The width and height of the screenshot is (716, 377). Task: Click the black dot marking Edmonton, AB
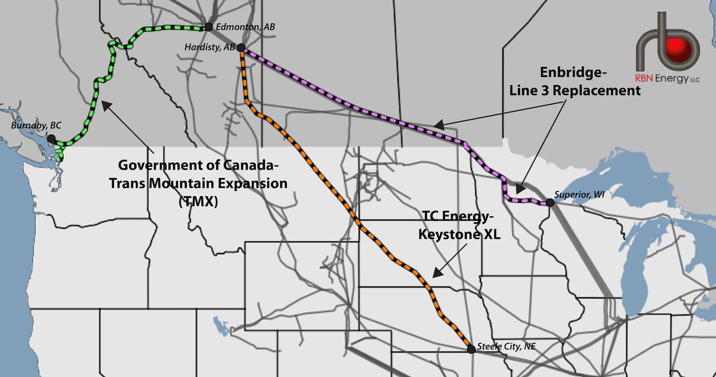coord(208,27)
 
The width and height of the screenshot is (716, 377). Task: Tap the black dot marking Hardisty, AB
coord(240,48)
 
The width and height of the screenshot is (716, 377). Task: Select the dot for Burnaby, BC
coord(51,138)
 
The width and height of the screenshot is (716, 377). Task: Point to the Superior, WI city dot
coord(550,203)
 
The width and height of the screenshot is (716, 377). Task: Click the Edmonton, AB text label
coord(237,27)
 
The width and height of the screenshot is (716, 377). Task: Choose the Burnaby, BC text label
coord(36,126)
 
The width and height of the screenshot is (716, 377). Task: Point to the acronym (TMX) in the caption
coord(197,202)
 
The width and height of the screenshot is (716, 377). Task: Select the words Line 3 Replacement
coord(573,91)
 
